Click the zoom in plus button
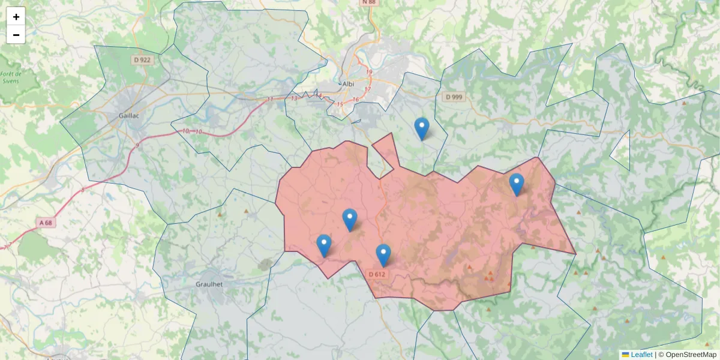tap(16, 17)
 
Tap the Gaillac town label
tap(129, 116)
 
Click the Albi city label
tap(347, 84)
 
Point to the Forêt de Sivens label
tap(11, 77)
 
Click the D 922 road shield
tap(142, 60)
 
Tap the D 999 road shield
tap(454, 97)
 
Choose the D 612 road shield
tap(377, 274)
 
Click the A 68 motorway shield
tap(46, 223)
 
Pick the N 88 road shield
tap(369, 2)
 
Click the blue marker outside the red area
tap(422, 128)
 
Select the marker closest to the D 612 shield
tap(383, 254)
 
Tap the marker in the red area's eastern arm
tap(516, 184)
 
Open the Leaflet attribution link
tap(641, 355)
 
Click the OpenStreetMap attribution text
tap(687, 355)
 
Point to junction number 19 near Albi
tap(369, 73)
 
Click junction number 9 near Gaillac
tap(137, 145)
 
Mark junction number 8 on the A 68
tap(83, 190)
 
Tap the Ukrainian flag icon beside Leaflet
tap(625, 355)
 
